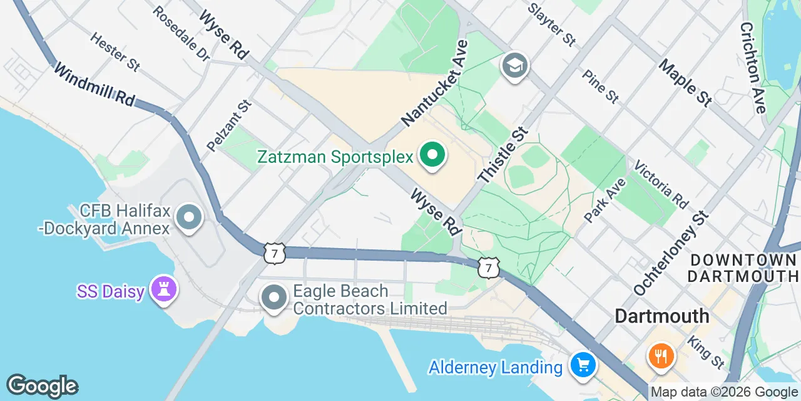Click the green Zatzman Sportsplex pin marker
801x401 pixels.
(x=431, y=155)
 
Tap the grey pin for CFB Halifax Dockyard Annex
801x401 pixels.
(x=188, y=218)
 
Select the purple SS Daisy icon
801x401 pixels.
(x=164, y=289)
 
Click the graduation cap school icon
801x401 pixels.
(x=515, y=66)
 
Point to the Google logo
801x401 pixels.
(x=42, y=387)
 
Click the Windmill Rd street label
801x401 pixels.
(x=93, y=84)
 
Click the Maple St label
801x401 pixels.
(x=685, y=83)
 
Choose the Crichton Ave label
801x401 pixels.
(x=752, y=68)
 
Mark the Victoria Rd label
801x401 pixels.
(x=661, y=184)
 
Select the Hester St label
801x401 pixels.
(x=115, y=51)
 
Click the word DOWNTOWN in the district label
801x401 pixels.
(x=743, y=259)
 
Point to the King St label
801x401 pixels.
(x=706, y=352)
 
